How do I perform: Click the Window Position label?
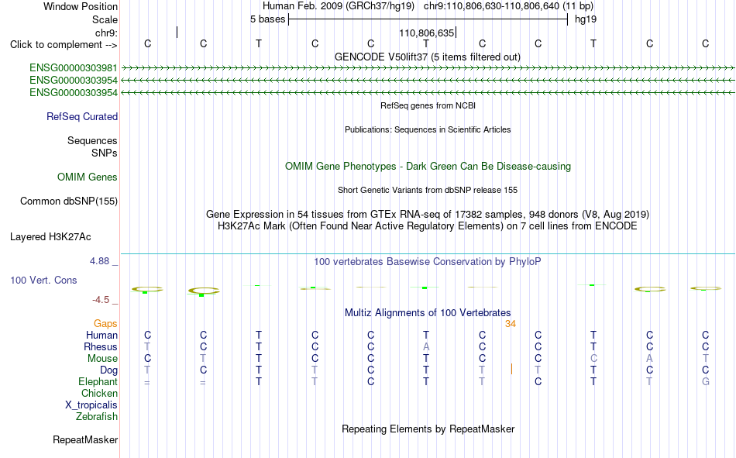coord(81,6)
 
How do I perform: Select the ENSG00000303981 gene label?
coord(74,67)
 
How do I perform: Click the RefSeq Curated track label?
coord(82,116)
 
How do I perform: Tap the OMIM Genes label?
coord(88,177)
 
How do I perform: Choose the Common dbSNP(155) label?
coord(69,201)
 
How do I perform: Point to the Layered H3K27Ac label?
coord(50,237)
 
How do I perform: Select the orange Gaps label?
coord(105,323)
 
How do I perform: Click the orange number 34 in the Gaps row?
coord(511,324)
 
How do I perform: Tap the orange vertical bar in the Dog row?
coord(511,369)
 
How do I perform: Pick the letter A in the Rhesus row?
coord(426,346)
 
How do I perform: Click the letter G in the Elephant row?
coord(706,381)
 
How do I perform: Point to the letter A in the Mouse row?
coord(650,358)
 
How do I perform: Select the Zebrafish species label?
coord(97,417)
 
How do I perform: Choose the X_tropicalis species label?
coord(91,405)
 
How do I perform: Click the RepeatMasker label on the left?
coord(85,439)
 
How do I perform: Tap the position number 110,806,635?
coord(427,33)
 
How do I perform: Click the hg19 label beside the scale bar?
coord(586,19)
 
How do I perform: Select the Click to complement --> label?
coord(64,45)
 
